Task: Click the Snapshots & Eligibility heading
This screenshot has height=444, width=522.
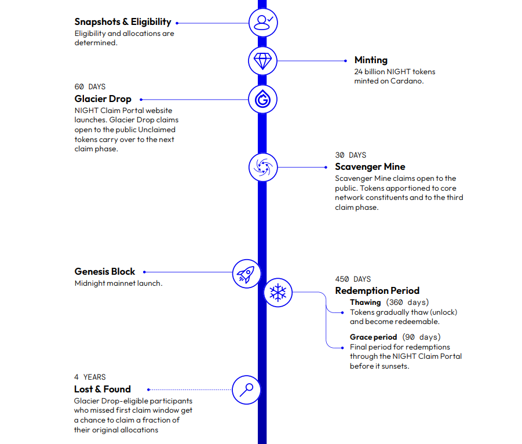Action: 123,22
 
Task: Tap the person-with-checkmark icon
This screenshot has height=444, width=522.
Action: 263,23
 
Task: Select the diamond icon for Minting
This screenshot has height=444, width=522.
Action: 262,61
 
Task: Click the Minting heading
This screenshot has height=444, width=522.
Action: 371,60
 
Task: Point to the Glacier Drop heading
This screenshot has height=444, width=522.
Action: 103,99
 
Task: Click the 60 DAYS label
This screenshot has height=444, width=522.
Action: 90,87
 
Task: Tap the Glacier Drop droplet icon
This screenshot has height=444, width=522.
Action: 262,99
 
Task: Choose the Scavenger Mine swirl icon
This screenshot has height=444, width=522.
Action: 263,167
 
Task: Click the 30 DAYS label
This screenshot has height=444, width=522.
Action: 351,155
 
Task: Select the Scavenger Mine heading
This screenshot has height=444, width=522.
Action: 370,166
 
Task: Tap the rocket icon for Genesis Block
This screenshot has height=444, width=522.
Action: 246,274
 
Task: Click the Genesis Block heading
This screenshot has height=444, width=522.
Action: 105,271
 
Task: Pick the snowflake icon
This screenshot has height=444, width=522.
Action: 278,293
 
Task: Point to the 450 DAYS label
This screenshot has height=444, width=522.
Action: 353,279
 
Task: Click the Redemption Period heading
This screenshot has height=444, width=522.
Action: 377,291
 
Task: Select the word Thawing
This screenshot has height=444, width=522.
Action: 365,303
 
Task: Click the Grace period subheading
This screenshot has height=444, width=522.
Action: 374,337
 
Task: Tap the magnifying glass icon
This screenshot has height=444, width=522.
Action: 246,390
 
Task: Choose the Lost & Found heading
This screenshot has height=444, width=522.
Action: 103,389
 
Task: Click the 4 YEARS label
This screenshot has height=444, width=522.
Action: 90,377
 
